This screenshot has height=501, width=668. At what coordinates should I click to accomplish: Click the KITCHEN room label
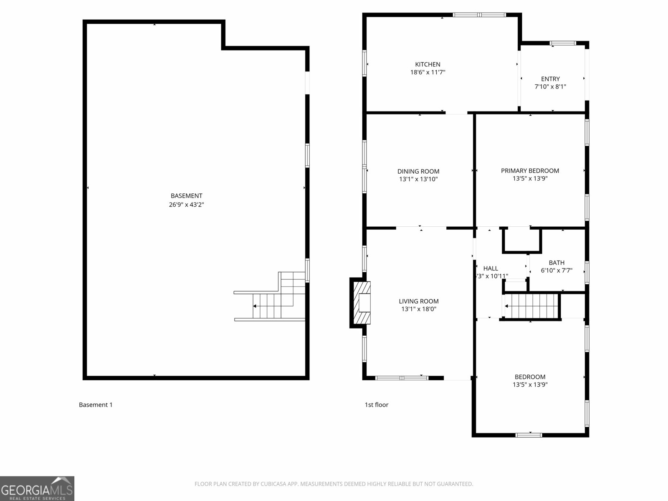point(428,64)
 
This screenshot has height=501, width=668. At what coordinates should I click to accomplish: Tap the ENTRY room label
point(550,79)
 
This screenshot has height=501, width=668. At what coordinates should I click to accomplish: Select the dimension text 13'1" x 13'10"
point(418,179)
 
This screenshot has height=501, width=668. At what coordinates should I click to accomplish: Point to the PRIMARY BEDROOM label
point(530,170)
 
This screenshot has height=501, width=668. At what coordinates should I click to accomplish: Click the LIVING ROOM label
point(418,301)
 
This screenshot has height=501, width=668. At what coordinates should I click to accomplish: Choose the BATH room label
point(557,263)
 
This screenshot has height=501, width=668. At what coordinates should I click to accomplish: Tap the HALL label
point(491,268)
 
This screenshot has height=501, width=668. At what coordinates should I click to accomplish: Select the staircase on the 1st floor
point(531,306)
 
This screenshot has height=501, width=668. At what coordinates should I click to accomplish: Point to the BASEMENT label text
point(186,196)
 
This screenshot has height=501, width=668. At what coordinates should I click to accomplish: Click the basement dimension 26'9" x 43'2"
point(186,205)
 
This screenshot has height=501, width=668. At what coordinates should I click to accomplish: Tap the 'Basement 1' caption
point(96,405)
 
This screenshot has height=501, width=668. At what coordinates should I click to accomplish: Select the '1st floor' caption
point(377,405)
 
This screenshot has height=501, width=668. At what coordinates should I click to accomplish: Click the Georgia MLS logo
point(37,488)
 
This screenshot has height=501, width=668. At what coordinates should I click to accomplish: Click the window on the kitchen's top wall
point(479,15)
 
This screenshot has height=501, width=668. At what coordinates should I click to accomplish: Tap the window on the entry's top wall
point(562,43)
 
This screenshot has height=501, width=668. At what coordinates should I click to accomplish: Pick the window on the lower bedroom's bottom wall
point(529,435)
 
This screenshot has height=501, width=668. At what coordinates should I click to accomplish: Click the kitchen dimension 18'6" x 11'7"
point(428,72)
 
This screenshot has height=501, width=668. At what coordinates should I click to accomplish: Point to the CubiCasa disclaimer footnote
point(334,484)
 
